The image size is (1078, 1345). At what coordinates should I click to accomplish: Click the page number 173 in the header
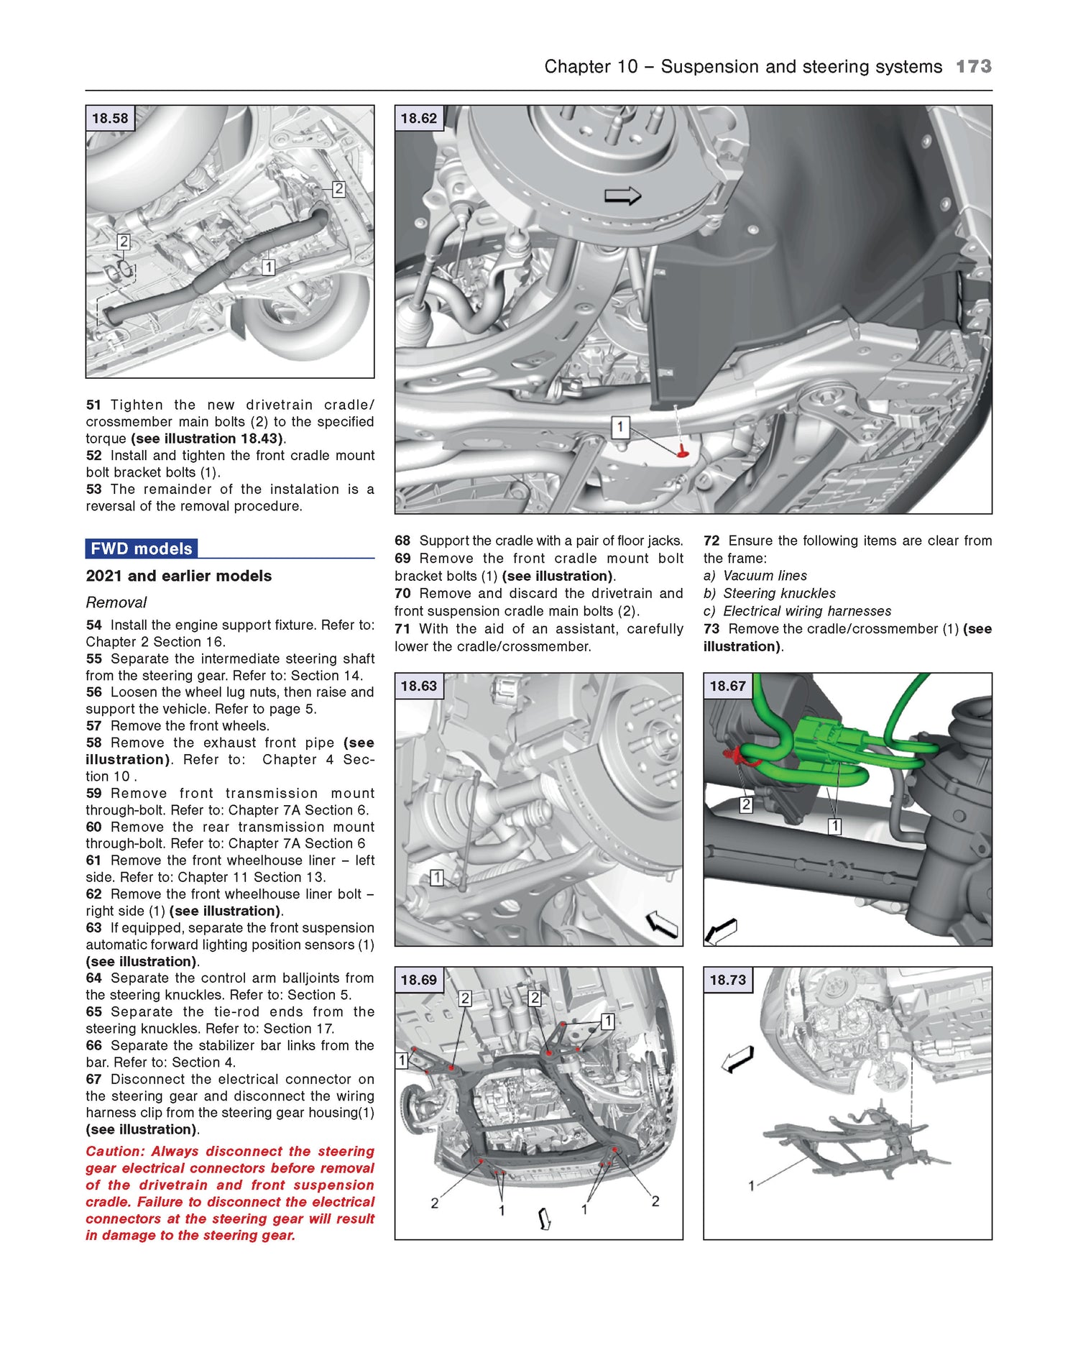coord(973,66)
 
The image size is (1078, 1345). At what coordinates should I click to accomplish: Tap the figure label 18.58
coord(109,119)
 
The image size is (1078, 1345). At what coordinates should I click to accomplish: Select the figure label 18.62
coord(418,119)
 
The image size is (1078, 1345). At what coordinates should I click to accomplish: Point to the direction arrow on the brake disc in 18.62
coord(622,196)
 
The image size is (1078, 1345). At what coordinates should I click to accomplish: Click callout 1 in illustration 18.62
coord(620,428)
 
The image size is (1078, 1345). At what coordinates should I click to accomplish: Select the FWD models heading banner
coord(142,548)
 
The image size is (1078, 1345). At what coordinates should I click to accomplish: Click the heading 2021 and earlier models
coord(178,576)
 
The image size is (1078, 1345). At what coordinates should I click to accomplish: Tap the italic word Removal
coord(116,602)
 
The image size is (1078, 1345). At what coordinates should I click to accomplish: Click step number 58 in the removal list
coord(93,743)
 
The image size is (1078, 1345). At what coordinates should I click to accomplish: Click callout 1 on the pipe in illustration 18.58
coord(268,267)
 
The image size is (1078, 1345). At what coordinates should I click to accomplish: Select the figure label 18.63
coord(418,686)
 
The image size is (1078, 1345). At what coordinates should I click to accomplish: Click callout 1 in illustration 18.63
coord(436,877)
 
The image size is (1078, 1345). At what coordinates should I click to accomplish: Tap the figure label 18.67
coord(727,686)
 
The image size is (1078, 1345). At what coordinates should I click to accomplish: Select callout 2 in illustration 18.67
coord(746,804)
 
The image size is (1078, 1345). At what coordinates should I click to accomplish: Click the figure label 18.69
coord(418,980)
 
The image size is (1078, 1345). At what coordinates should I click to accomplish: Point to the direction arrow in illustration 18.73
coord(738,1059)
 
